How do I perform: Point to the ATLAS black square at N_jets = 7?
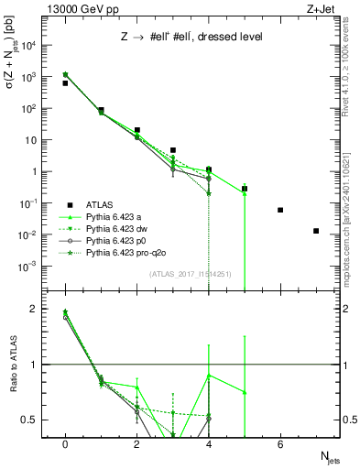(x=316, y=231)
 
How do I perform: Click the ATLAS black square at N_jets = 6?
(x=280, y=210)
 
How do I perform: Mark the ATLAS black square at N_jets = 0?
(x=65, y=83)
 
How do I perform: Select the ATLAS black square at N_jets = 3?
(x=173, y=150)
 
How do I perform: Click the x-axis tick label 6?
(x=280, y=444)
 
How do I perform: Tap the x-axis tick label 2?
(x=136, y=444)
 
